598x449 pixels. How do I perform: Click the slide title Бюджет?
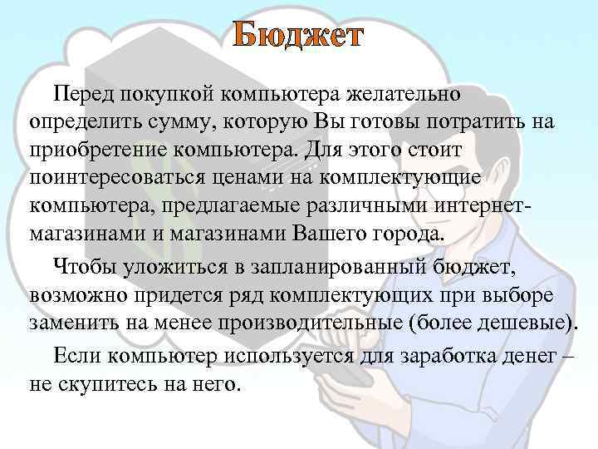[298, 37]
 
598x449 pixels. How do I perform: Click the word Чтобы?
[86, 267]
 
